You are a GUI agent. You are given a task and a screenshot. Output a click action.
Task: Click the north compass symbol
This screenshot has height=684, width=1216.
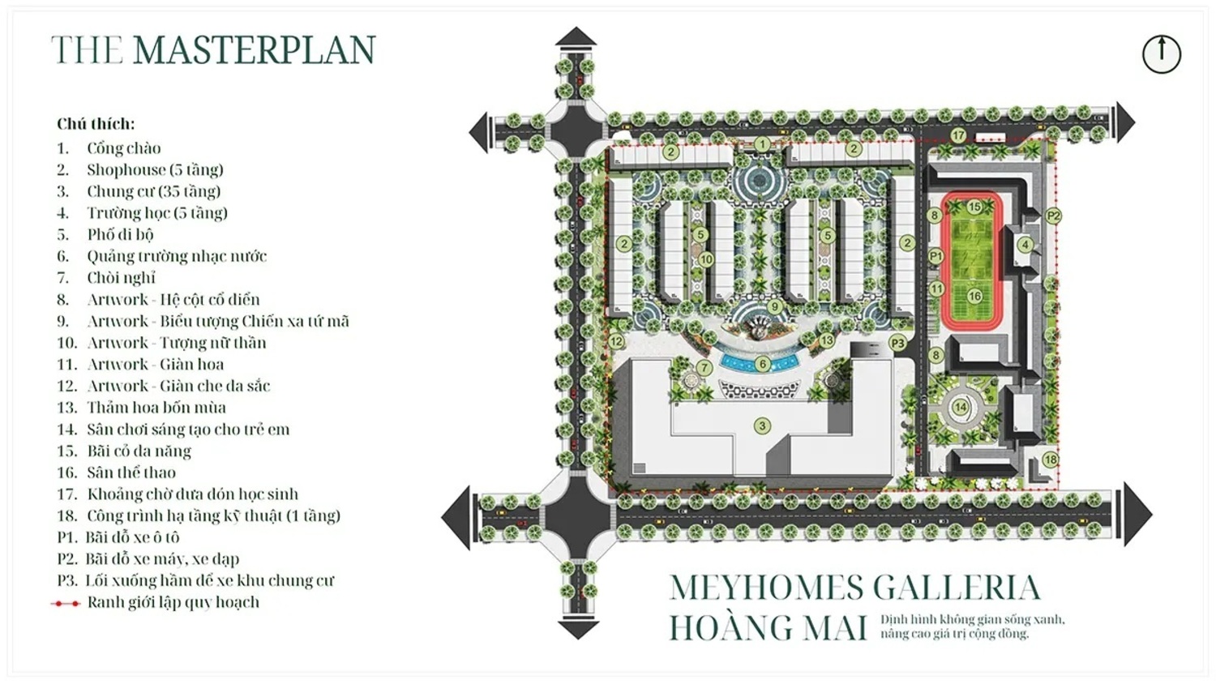(x=1161, y=54)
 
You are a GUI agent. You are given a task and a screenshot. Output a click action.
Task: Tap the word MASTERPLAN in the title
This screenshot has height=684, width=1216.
(x=254, y=50)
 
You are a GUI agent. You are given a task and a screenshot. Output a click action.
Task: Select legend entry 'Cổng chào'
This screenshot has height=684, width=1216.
(x=123, y=148)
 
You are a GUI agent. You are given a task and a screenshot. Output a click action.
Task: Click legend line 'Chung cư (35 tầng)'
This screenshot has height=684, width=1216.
(x=153, y=191)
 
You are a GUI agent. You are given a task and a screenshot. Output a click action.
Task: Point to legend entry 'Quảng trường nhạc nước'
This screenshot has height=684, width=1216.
(x=176, y=256)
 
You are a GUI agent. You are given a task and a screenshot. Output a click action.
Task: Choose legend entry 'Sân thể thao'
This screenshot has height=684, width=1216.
(x=131, y=472)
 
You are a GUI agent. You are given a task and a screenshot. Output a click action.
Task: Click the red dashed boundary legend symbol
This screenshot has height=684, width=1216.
(x=66, y=603)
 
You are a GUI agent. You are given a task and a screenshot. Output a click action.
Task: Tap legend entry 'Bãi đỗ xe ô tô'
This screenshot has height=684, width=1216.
(x=131, y=537)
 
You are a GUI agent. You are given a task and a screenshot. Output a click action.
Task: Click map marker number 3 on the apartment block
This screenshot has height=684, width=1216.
(x=761, y=425)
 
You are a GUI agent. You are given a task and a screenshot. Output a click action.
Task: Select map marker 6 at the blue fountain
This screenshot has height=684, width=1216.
(x=762, y=365)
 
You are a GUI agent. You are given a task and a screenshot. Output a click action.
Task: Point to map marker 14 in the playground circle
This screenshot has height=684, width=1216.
(x=960, y=407)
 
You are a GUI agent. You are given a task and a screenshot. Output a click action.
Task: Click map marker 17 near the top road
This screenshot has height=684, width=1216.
(x=958, y=135)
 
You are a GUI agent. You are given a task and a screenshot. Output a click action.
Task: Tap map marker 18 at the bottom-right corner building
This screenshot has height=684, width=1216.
(x=1050, y=460)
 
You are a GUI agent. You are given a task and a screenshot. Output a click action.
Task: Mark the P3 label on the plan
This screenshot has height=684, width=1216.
(x=897, y=343)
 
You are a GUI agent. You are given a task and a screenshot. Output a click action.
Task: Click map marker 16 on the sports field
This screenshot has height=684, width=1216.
(x=974, y=296)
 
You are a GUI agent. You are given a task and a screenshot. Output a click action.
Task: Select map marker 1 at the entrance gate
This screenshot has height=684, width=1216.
(x=761, y=144)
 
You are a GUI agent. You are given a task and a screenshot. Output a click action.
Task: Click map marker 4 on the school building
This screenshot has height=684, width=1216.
(x=1025, y=245)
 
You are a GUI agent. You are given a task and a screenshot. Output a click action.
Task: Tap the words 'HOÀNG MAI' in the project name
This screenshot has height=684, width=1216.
(x=767, y=627)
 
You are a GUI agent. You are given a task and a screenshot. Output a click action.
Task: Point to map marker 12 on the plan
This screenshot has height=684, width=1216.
(x=617, y=341)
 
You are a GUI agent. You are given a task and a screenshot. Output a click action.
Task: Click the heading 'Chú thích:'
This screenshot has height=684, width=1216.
(x=96, y=124)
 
